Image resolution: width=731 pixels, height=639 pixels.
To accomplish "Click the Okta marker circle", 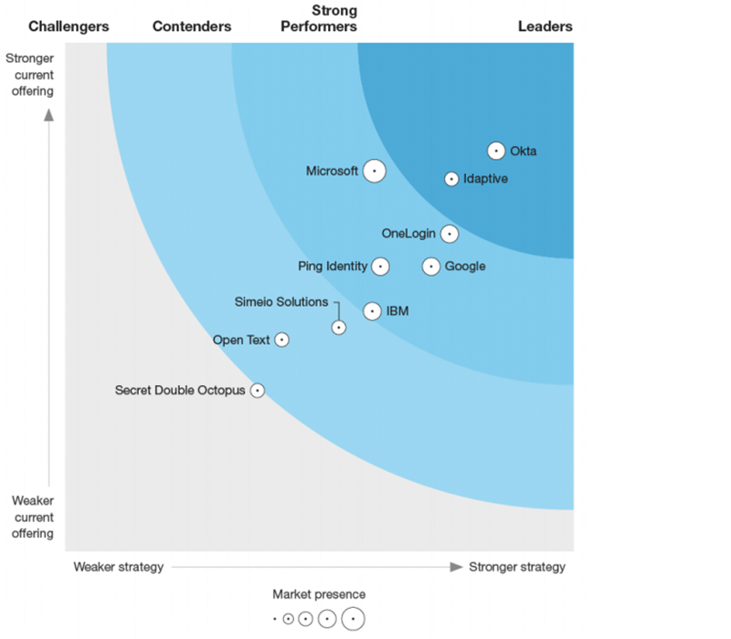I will click(x=496, y=151).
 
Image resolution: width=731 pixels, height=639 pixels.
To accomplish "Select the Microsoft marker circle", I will click(x=374, y=171).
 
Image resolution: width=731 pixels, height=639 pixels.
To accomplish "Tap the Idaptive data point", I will click(x=451, y=179).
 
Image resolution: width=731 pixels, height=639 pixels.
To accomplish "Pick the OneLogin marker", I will click(x=449, y=234).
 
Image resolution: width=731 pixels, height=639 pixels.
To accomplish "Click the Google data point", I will click(x=431, y=267).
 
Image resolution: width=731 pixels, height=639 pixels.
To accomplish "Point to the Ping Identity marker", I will click(x=380, y=267).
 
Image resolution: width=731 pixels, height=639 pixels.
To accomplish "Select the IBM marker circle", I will click(x=372, y=311).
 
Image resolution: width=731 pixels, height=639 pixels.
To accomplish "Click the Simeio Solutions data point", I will click(x=339, y=327).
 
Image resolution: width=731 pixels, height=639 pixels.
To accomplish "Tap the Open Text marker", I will click(x=282, y=340).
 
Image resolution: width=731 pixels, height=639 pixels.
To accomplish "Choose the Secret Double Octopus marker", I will click(x=258, y=390).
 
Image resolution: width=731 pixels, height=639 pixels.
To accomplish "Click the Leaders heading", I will click(x=546, y=26).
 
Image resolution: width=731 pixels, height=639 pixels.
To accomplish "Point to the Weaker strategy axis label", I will click(x=119, y=567).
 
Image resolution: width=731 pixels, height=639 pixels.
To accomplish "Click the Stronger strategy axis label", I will click(x=517, y=567).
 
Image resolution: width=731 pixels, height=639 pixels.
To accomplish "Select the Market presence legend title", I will click(x=319, y=595).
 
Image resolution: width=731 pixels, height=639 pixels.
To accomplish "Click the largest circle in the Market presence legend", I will click(x=354, y=618).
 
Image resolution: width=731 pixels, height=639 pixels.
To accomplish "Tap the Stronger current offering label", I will click(x=30, y=76).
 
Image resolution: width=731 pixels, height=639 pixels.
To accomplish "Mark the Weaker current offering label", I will click(x=32, y=518).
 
